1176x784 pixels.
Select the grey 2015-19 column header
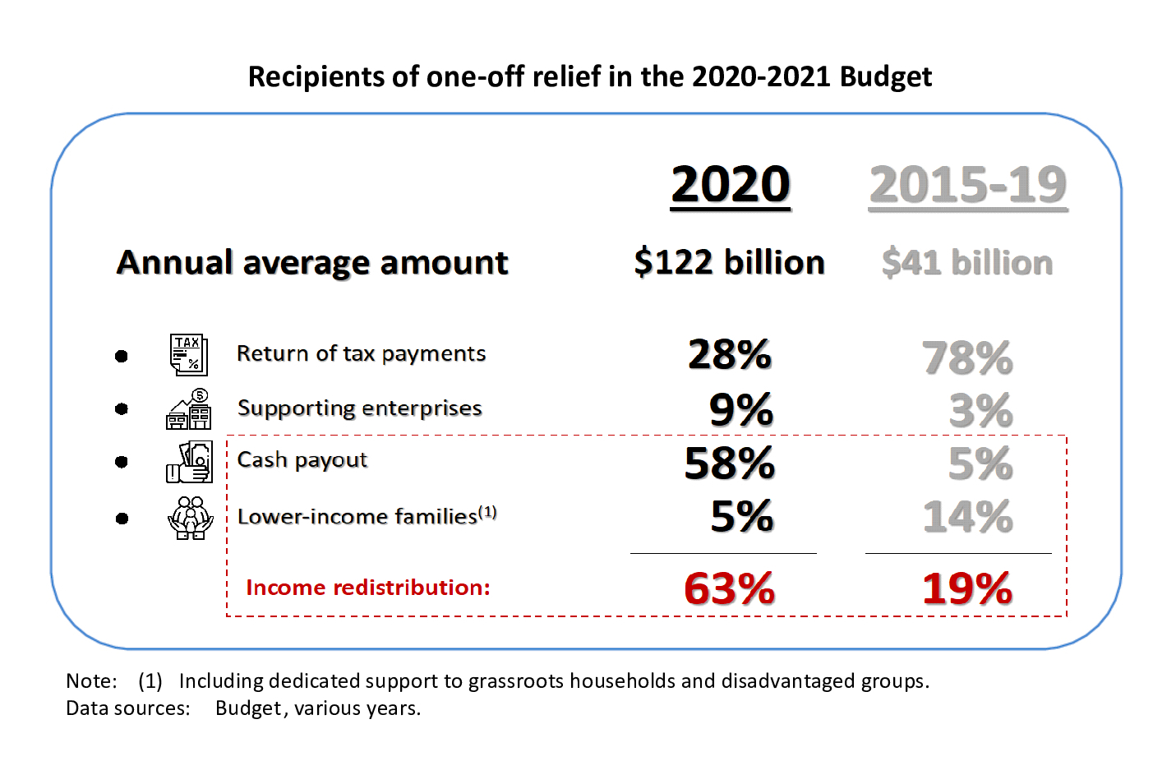pyautogui.click(x=967, y=185)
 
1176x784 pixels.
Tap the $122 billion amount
pyautogui.click(x=729, y=262)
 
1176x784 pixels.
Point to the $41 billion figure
pyautogui.click(x=966, y=263)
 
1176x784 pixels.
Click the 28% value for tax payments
pyautogui.click(x=729, y=355)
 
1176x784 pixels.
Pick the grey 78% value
pyautogui.click(x=967, y=358)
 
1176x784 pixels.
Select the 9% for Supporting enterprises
pyautogui.click(x=740, y=409)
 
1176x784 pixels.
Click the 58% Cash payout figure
pyautogui.click(x=729, y=463)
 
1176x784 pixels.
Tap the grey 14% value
pyautogui.click(x=967, y=517)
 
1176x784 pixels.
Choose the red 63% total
pyautogui.click(x=729, y=588)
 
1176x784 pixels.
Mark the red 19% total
pyautogui.click(x=967, y=588)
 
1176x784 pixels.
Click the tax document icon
pyautogui.click(x=189, y=355)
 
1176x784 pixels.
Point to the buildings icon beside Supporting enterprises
pyautogui.click(x=189, y=409)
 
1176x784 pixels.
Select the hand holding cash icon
pyautogui.click(x=190, y=462)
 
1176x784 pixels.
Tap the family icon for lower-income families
pyautogui.click(x=190, y=518)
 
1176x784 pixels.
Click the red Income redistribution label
pyautogui.click(x=367, y=588)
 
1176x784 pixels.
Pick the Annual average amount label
pyautogui.click(x=312, y=263)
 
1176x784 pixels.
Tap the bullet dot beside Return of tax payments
pyautogui.click(x=122, y=356)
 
